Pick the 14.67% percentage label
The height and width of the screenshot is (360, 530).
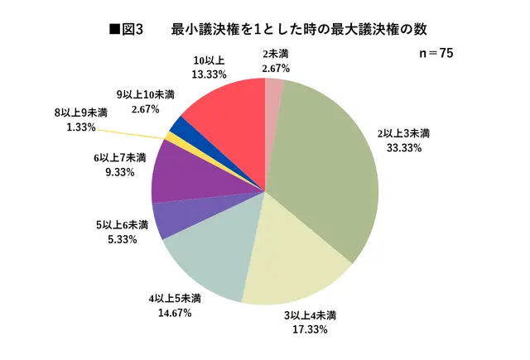(x=171, y=312)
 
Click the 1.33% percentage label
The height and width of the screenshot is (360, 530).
(x=80, y=127)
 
